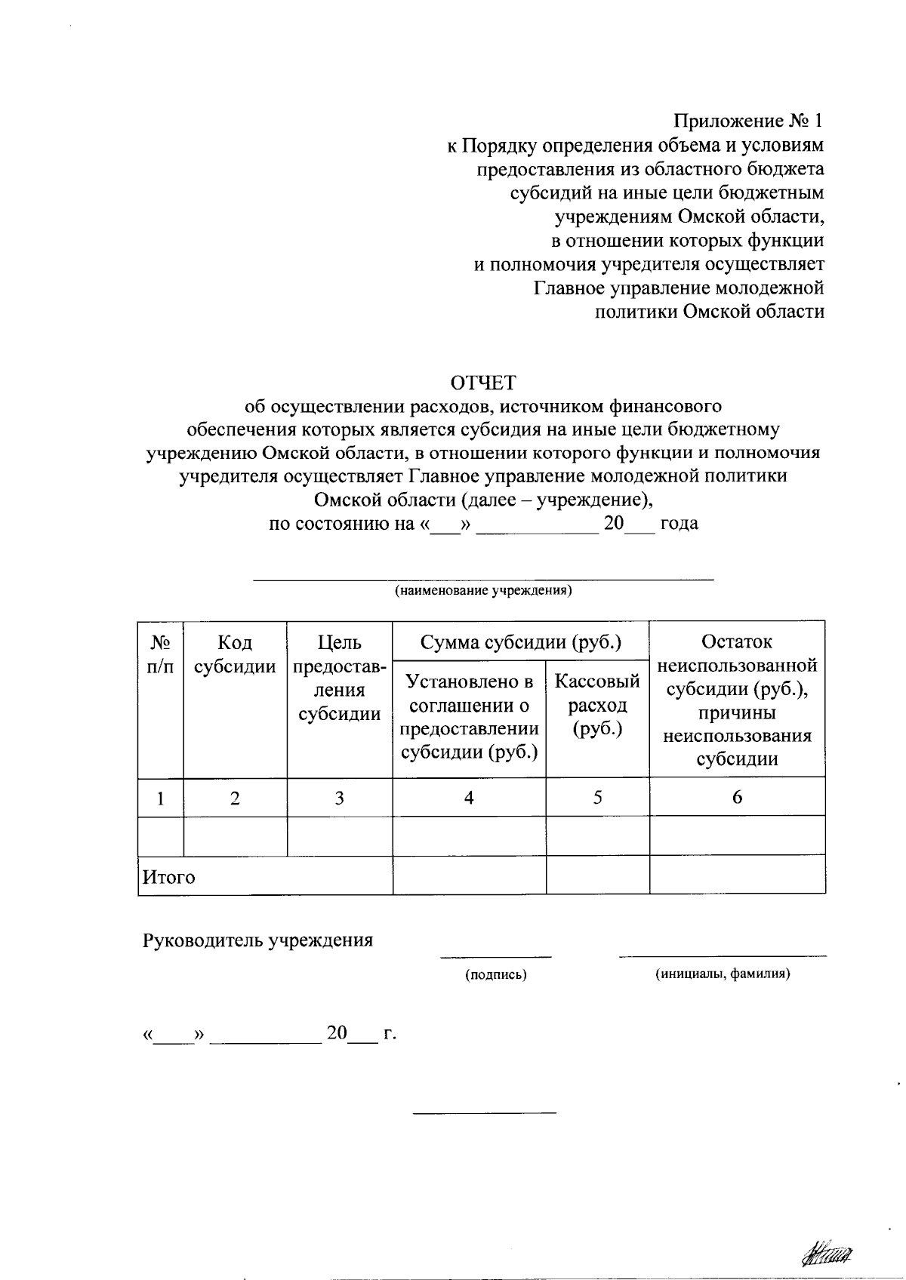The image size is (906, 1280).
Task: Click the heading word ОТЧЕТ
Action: (x=483, y=382)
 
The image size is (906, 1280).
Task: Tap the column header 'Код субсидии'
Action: (x=235, y=654)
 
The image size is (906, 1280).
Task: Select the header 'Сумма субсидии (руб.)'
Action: (x=521, y=642)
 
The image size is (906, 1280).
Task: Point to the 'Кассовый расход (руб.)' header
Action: (x=597, y=705)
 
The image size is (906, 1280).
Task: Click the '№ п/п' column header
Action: (x=160, y=654)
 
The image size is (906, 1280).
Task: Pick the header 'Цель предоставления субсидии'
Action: (x=339, y=678)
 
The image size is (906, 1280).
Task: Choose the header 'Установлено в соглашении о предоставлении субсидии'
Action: (x=469, y=716)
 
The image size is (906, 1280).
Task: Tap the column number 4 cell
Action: (x=469, y=798)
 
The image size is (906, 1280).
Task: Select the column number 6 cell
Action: (x=737, y=798)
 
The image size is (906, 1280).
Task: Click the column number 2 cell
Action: (x=235, y=798)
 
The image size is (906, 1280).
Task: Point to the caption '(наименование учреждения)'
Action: (x=483, y=591)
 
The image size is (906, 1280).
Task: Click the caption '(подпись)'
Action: (x=495, y=974)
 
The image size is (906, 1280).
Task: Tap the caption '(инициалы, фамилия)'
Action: (x=723, y=974)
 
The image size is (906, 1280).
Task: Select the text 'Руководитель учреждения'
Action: (x=258, y=940)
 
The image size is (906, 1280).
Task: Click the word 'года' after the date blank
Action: (x=679, y=523)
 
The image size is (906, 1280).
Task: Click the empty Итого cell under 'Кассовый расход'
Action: (x=597, y=875)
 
